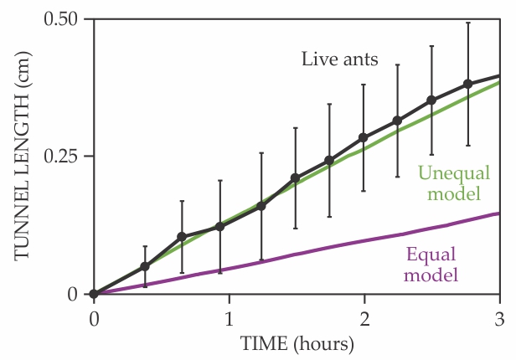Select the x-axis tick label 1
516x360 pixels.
[229, 319]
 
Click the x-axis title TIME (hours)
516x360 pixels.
[297, 344]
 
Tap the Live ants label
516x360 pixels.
[341, 59]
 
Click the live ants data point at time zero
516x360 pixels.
[94, 294]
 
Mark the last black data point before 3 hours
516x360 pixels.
[468, 84]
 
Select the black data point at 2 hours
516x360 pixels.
[364, 137]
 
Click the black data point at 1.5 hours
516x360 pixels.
[295, 177]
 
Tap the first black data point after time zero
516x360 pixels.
[145, 266]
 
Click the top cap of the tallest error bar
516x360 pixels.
[468, 23]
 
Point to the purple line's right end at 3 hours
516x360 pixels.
[499, 213]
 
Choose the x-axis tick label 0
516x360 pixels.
[94, 319]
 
